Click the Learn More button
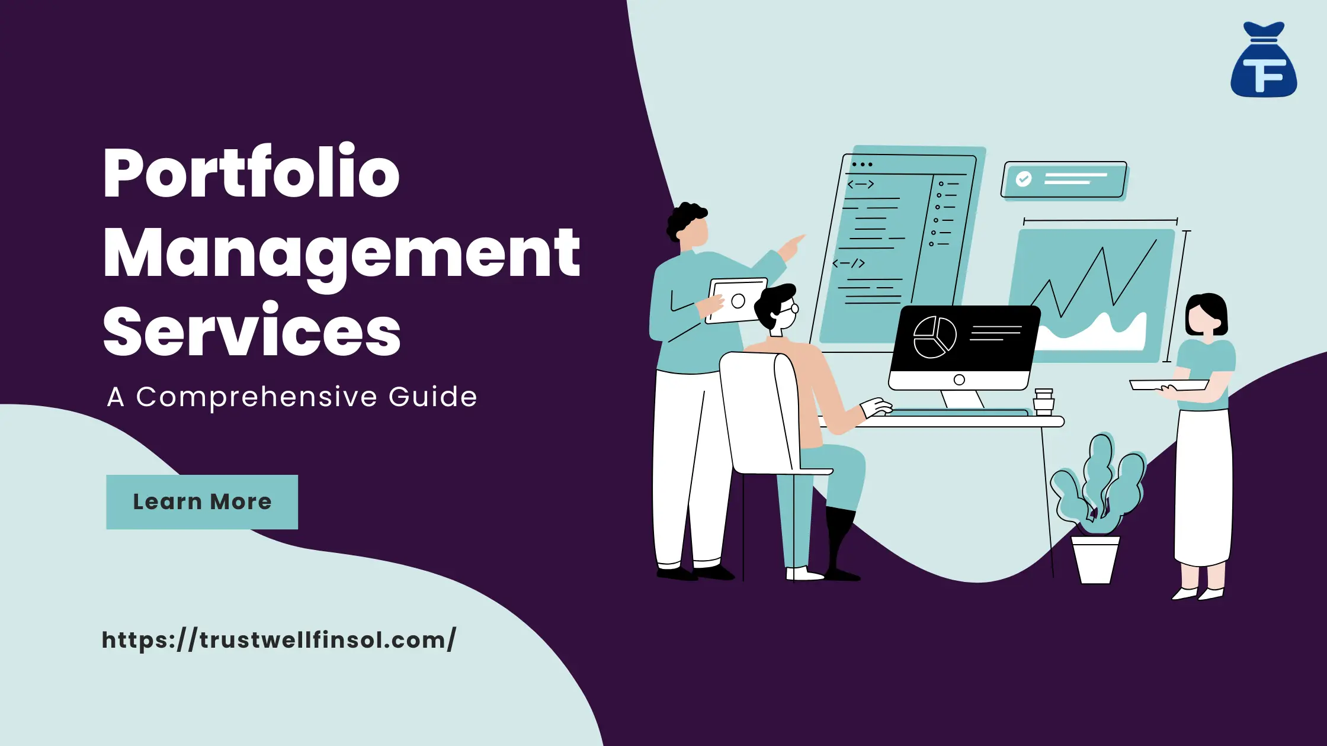[x=202, y=501]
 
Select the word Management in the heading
[x=341, y=253]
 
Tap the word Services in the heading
[x=252, y=331]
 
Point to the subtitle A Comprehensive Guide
[x=291, y=397]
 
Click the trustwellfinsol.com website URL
[x=279, y=640]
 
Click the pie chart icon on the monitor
[x=934, y=337]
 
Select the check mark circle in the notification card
[x=1024, y=179]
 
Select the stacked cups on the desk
[x=1043, y=402]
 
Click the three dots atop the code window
[x=862, y=164]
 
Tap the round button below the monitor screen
[x=959, y=380]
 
